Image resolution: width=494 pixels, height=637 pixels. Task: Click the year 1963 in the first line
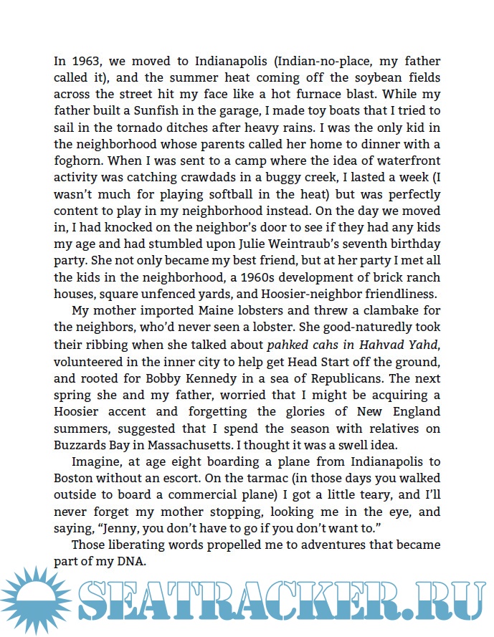click(x=85, y=61)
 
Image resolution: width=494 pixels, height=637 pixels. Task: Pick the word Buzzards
click(x=85, y=445)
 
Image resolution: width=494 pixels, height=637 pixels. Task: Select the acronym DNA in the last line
click(x=133, y=562)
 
